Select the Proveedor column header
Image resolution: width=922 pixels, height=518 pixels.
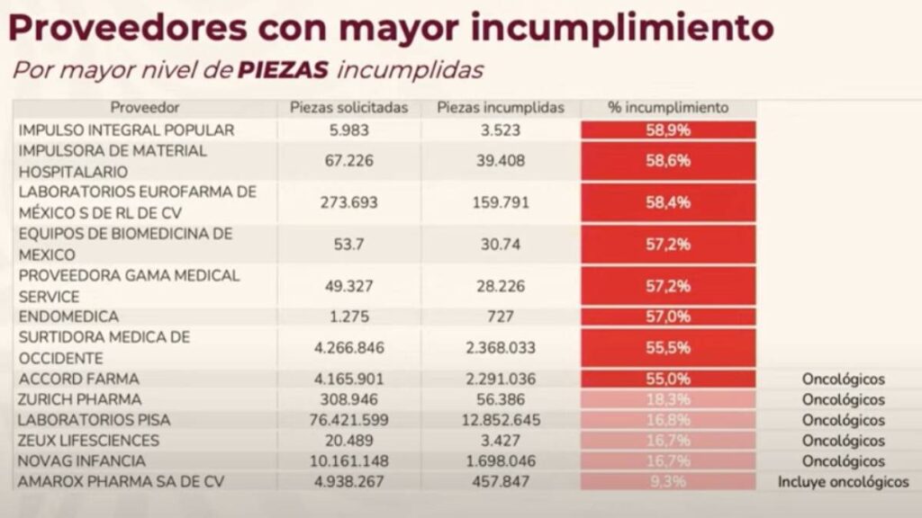click(x=145, y=108)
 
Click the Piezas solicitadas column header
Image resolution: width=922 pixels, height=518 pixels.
click(x=348, y=108)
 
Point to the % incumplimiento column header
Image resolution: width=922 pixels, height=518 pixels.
click(x=668, y=108)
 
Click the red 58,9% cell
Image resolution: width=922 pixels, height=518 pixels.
click(x=668, y=129)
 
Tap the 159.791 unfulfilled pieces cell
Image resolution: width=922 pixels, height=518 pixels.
click(x=500, y=202)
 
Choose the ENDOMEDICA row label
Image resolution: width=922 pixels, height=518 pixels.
click(x=68, y=317)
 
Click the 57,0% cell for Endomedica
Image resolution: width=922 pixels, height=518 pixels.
click(x=668, y=317)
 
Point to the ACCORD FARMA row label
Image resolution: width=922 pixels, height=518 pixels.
click(x=79, y=379)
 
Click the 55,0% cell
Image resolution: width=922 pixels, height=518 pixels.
click(x=668, y=379)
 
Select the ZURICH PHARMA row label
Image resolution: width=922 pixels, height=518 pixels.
click(x=80, y=399)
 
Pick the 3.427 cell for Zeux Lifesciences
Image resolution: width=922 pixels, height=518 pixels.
click(x=500, y=441)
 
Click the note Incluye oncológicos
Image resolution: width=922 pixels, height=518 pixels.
click(x=843, y=482)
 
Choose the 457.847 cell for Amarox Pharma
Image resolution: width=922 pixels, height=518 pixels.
click(x=500, y=482)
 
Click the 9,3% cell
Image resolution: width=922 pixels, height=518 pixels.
click(x=668, y=482)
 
